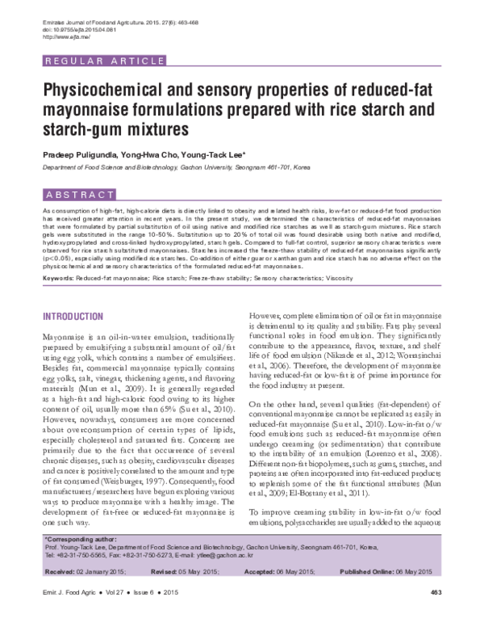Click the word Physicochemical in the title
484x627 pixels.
(119, 90)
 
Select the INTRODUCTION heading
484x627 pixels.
(73, 315)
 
